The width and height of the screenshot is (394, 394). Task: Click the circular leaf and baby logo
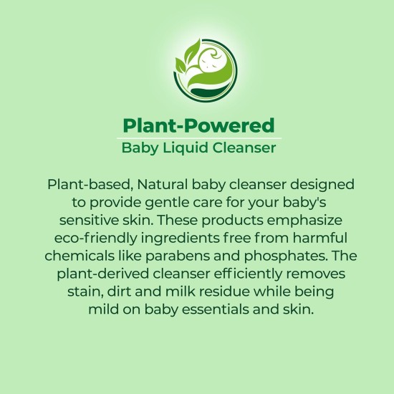[x=197, y=67]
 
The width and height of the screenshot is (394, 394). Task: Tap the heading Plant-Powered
[x=198, y=126]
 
